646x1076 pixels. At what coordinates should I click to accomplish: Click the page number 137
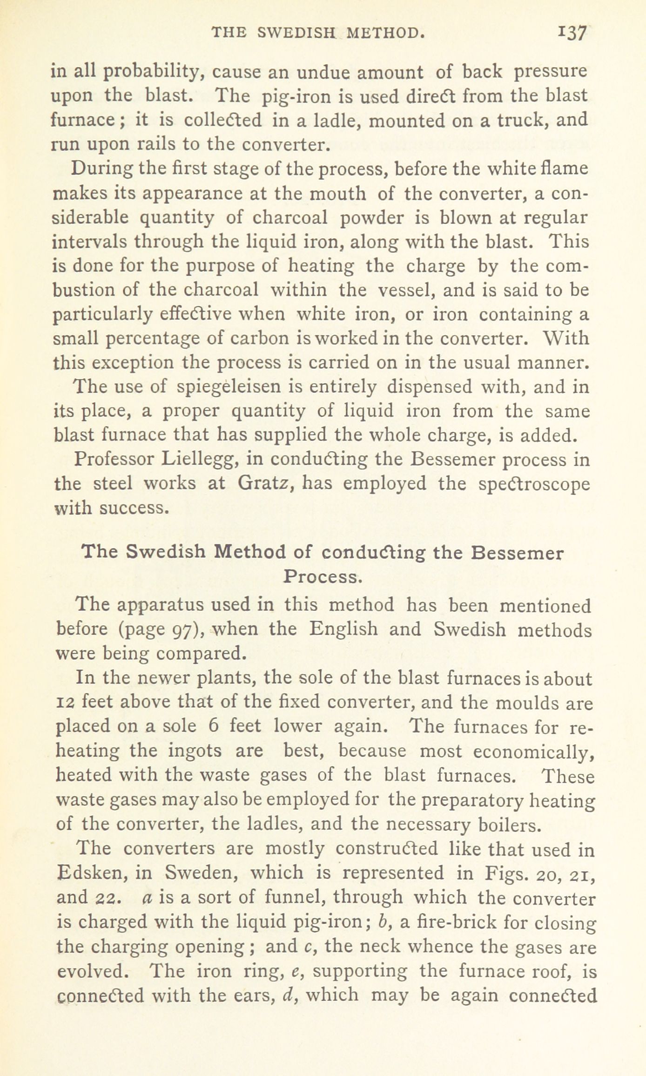click(x=573, y=34)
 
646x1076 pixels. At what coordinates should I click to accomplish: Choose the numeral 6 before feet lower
click(x=214, y=727)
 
